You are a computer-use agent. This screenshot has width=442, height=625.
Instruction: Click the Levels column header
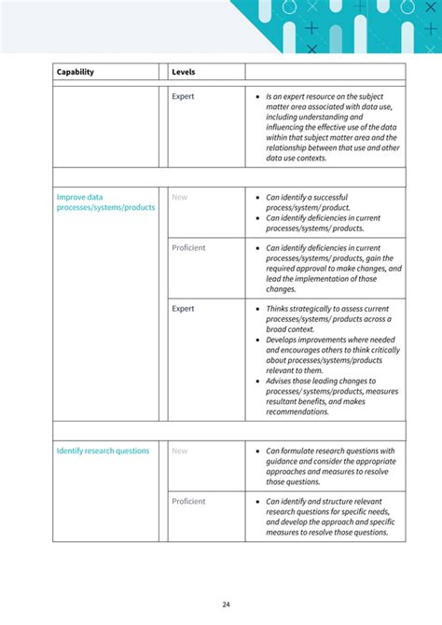click(x=184, y=72)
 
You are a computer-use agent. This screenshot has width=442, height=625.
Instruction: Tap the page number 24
click(x=227, y=604)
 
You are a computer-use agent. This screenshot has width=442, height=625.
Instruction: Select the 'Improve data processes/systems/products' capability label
click(x=105, y=202)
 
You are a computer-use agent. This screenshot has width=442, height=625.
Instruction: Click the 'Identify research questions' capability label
click(x=103, y=451)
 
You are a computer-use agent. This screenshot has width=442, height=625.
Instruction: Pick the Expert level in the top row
click(x=183, y=96)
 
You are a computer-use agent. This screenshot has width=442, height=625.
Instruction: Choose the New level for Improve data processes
click(x=179, y=197)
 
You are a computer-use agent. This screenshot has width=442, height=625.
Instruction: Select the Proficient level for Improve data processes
click(x=188, y=247)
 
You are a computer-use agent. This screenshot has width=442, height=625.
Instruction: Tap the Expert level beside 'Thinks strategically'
click(x=183, y=309)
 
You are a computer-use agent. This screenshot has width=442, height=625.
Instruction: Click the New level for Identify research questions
click(x=179, y=451)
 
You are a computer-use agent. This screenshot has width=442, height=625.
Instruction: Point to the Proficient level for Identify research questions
click(x=188, y=501)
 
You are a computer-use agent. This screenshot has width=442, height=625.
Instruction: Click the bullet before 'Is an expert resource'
click(x=257, y=97)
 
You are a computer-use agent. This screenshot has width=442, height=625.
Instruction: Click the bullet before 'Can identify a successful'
click(x=257, y=198)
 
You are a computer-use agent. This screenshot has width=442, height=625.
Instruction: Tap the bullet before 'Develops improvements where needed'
click(x=257, y=340)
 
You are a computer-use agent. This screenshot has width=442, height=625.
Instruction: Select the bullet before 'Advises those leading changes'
click(x=257, y=381)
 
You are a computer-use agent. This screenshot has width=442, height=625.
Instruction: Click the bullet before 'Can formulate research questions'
click(x=257, y=451)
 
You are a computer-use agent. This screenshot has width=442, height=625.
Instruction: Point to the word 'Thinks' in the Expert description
click(x=278, y=309)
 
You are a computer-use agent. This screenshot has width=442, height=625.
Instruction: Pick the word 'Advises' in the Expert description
click(x=281, y=381)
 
